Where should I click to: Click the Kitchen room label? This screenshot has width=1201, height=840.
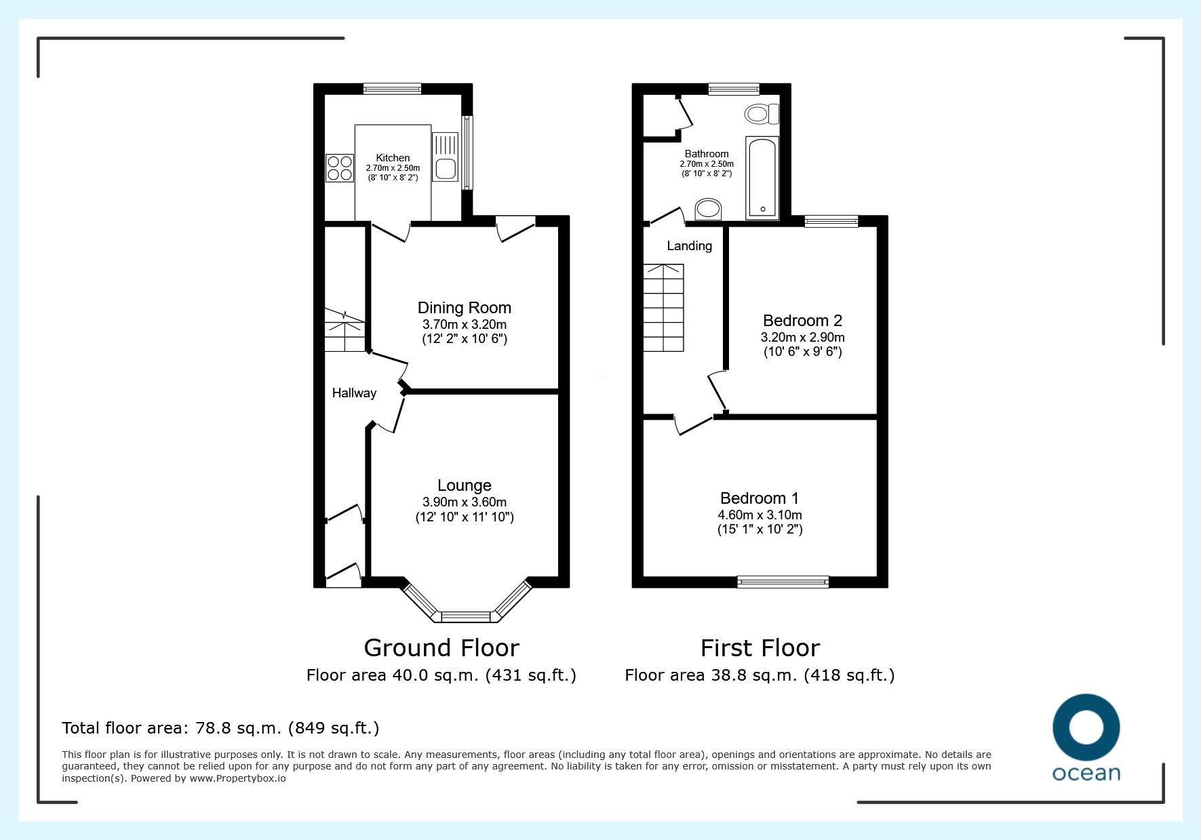pyautogui.click(x=393, y=158)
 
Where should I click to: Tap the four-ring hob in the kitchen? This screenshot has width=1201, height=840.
pyautogui.click(x=340, y=168)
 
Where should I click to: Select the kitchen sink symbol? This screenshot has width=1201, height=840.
pyautogui.click(x=446, y=157)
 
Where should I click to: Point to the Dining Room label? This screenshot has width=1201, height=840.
pyautogui.click(x=465, y=308)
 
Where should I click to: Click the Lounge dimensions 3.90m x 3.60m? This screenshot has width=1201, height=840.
pyautogui.click(x=465, y=502)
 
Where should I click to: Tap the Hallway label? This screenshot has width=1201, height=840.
pyautogui.click(x=354, y=393)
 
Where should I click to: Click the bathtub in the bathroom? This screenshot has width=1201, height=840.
pyautogui.click(x=763, y=178)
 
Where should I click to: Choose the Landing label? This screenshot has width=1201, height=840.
pyautogui.click(x=690, y=246)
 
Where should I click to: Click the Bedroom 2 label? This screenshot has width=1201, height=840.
pyautogui.click(x=803, y=321)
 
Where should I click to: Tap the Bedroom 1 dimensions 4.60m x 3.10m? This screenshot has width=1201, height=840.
pyautogui.click(x=760, y=515)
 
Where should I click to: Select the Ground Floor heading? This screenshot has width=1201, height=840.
pyautogui.click(x=441, y=648)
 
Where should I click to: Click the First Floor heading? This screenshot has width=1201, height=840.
pyautogui.click(x=760, y=648)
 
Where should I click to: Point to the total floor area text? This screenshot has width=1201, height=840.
pyautogui.click(x=220, y=728)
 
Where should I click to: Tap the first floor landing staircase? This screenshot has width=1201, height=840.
pyautogui.click(x=663, y=308)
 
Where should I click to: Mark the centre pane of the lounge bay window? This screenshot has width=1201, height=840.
pyautogui.click(x=465, y=616)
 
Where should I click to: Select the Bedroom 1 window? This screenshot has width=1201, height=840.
pyautogui.click(x=783, y=581)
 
